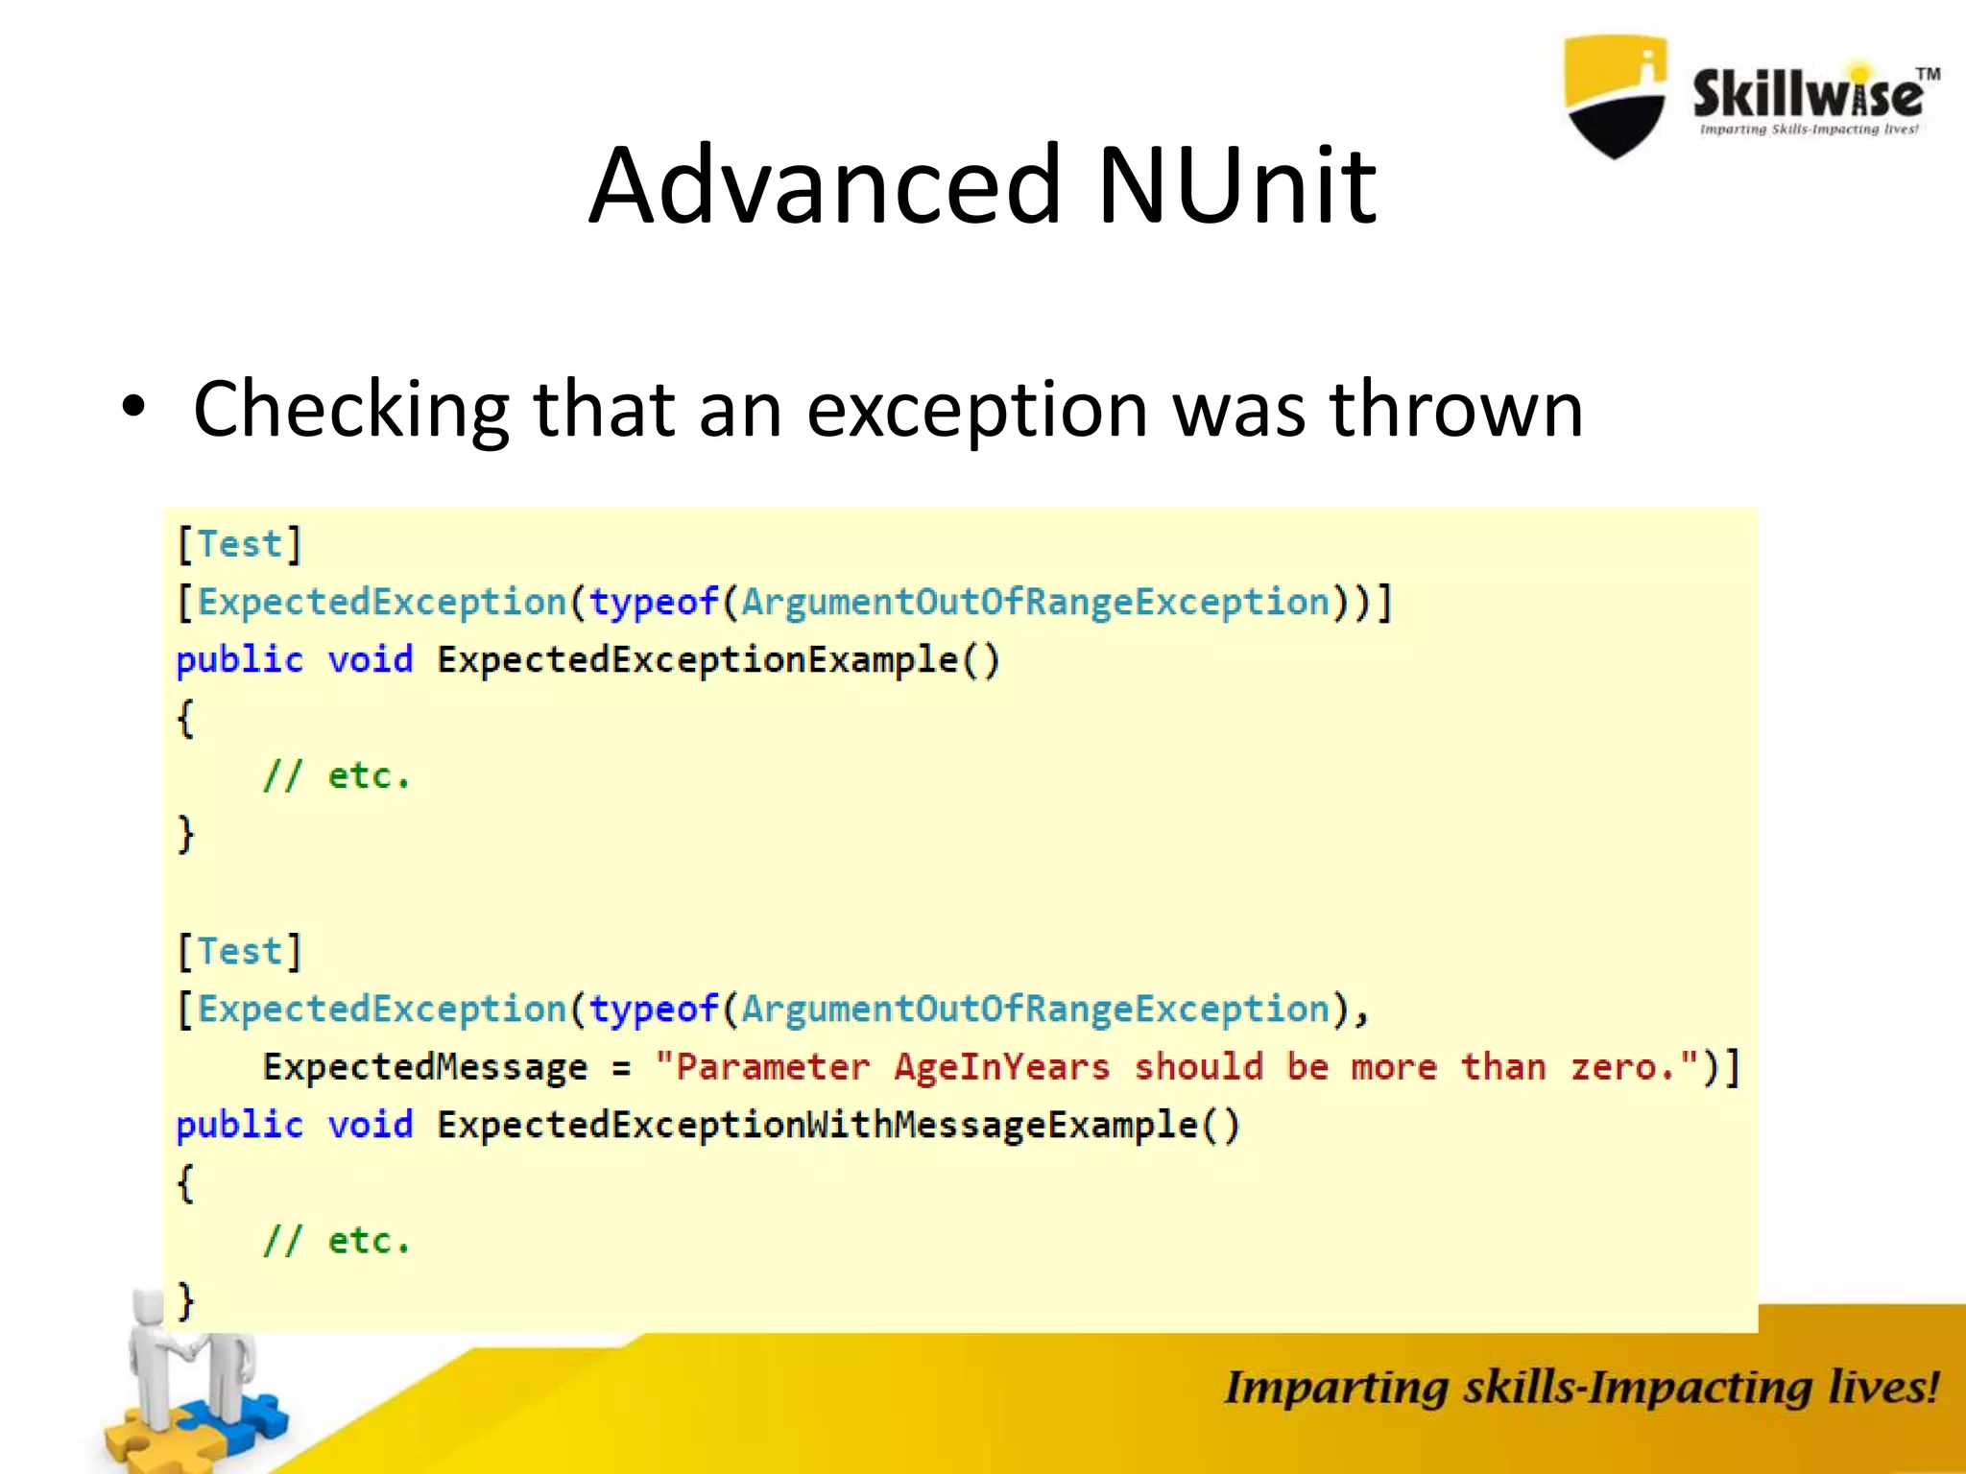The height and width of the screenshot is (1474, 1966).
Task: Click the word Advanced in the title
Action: click(x=826, y=184)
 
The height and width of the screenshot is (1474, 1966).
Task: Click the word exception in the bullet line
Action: click(x=976, y=411)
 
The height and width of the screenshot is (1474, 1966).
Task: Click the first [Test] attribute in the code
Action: click(x=240, y=544)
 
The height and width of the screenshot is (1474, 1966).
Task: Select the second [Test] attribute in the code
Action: click(x=240, y=952)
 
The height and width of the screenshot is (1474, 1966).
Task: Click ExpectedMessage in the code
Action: click(x=425, y=1067)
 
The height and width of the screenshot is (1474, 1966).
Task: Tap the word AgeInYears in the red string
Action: click(x=1001, y=1067)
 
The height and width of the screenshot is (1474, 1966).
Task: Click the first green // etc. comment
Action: click(x=337, y=775)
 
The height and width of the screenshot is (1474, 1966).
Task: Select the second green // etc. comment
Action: click(x=337, y=1241)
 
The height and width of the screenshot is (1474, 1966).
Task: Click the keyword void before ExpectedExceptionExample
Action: click(x=370, y=660)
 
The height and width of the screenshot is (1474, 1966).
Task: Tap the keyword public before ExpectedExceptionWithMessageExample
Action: click(x=239, y=1125)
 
